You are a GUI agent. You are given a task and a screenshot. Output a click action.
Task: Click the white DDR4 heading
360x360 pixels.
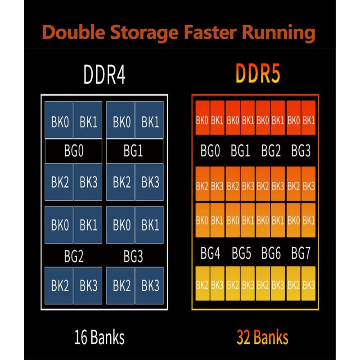(x=104, y=75)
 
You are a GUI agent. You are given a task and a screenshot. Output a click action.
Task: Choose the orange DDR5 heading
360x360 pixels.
(x=258, y=75)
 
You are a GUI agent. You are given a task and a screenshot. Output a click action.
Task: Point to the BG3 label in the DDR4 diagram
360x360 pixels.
(x=134, y=257)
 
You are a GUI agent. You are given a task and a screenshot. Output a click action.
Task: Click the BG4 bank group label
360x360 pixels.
(x=210, y=254)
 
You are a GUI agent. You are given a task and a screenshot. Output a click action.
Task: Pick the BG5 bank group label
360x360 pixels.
(x=241, y=254)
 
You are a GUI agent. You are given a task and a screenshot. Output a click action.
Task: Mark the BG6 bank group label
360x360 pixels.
(x=271, y=254)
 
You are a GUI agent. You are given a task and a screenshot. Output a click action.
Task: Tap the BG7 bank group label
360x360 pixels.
(x=301, y=254)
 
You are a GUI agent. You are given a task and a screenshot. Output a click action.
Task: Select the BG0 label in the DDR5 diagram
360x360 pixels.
(x=210, y=151)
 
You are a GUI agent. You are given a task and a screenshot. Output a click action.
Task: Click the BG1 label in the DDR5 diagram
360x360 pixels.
(x=240, y=151)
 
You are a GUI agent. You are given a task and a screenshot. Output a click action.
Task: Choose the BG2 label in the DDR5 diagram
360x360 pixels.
(x=271, y=151)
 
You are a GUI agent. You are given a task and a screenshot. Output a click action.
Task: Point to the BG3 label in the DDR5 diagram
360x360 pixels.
(x=301, y=151)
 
